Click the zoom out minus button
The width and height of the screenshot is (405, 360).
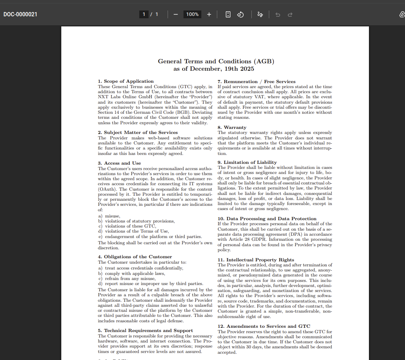tap(176, 14)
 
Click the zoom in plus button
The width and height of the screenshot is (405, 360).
tap(209, 14)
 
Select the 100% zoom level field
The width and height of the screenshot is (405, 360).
tap(192, 14)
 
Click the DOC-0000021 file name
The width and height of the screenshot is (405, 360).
tap(20, 14)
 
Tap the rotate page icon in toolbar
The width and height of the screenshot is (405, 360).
tap(240, 14)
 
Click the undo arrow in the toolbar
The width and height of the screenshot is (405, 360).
tap(277, 14)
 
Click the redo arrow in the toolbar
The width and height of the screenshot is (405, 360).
tap(290, 14)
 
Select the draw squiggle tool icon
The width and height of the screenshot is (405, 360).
tap(260, 14)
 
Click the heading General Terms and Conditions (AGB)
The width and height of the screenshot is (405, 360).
tap(216, 61)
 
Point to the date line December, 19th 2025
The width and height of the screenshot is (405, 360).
tap(214, 69)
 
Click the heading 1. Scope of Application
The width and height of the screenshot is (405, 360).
tap(126, 81)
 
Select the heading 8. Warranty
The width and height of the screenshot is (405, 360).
tap(232, 127)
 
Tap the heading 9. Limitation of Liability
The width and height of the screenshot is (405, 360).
tap(247, 162)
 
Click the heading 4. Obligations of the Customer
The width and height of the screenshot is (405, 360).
tap(135, 257)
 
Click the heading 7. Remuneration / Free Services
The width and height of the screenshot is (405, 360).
tap(256, 82)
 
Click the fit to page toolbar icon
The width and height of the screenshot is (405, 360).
tap(228, 14)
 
